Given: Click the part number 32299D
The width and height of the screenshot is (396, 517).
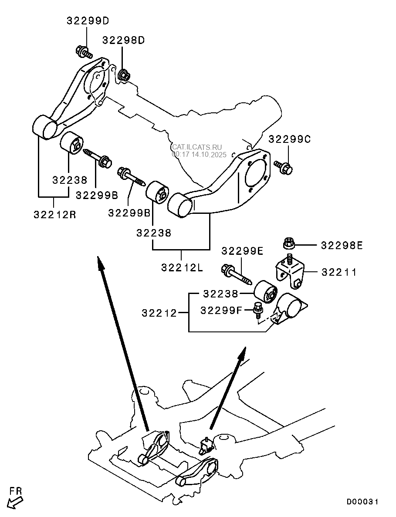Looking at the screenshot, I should pos(88,21).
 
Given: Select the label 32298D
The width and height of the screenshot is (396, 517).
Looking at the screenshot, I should pos(123,40).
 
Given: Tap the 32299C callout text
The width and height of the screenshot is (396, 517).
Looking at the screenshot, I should pos(289,139).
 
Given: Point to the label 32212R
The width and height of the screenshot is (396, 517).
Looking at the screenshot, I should pos(54,214).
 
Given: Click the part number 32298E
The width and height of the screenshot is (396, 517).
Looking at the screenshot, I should pos(342,245).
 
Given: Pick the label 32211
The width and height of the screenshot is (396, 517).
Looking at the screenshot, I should pos(339,272).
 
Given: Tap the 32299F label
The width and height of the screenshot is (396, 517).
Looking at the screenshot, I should pos(221,310).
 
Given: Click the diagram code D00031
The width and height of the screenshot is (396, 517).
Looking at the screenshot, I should pos(362,502).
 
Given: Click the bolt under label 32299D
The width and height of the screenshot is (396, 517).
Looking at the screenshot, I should pos(84,53).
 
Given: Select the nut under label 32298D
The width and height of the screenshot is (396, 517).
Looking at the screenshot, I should pos(123,75).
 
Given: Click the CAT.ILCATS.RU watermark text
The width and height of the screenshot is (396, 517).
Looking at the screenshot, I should pos(197,148).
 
